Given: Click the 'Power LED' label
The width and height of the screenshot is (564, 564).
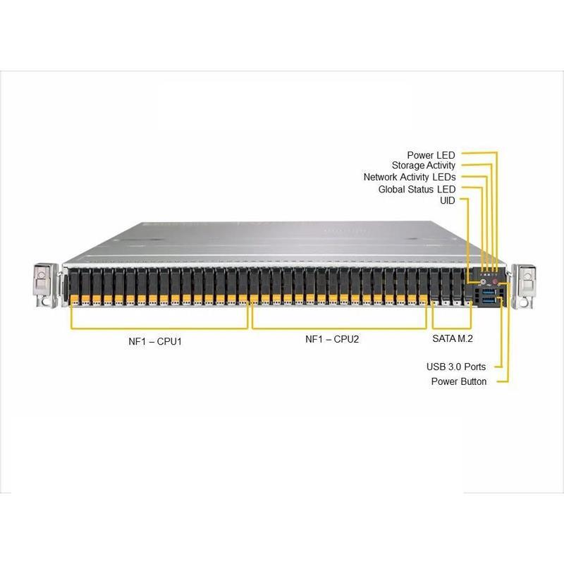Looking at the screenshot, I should [x=431, y=154].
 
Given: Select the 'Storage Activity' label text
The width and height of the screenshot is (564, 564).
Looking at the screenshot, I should [x=424, y=166].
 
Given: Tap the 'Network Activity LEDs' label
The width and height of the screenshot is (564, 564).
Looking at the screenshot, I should [x=410, y=177].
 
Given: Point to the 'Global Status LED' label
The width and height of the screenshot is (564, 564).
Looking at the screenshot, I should [x=417, y=189].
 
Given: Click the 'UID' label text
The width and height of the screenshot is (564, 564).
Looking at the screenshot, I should [x=448, y=201].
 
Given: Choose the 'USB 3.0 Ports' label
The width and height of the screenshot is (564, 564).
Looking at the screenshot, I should [x=456, y=367].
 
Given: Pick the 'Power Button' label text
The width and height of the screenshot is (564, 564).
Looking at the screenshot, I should [x=458, y=381].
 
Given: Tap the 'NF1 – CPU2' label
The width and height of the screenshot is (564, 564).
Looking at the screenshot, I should [x=332, y=339].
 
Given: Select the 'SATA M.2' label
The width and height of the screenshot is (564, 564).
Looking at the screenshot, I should [x=452, y=339].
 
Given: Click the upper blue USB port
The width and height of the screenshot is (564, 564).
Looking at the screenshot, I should [x=489, y=293].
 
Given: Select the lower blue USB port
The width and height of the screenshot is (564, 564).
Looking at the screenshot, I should [x=489, y=302].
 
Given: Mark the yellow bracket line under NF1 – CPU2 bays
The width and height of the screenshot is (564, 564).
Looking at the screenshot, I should [x=339, y=328].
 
